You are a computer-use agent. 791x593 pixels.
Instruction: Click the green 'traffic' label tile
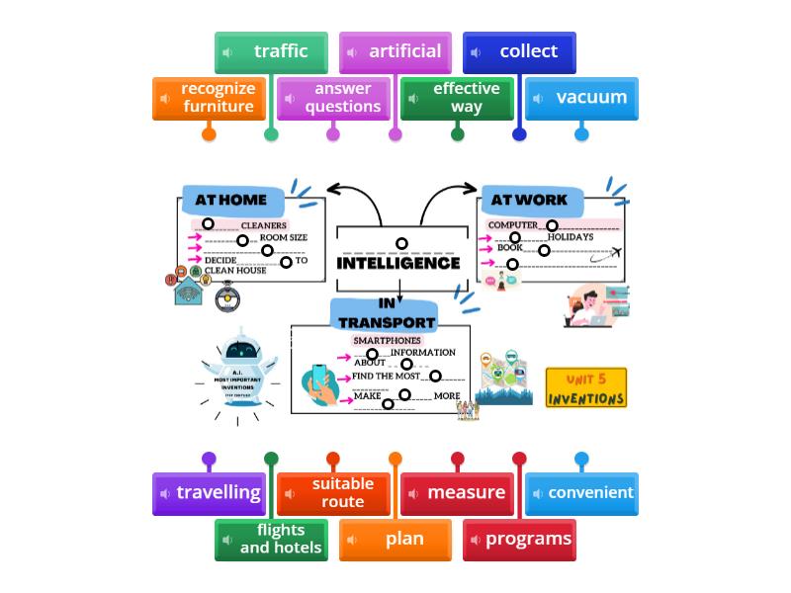271,52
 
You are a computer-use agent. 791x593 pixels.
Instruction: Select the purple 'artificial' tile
395,52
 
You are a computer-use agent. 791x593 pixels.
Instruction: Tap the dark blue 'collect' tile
519,52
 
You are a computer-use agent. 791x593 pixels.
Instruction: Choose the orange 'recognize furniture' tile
209,98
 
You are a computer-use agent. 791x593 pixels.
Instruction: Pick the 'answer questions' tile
333,98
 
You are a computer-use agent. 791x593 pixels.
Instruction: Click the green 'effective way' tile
457,98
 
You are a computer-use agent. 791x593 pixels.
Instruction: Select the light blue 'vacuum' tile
581,98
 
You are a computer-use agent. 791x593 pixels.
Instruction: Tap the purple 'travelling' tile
209,493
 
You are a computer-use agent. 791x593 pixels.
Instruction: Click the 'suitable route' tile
333,493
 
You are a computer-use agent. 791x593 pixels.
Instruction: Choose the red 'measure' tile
457,493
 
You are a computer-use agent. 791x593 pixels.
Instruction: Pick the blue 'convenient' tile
581,493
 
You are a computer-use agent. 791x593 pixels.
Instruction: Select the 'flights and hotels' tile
271,540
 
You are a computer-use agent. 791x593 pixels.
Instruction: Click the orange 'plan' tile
395,540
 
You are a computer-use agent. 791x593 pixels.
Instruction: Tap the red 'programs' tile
519,540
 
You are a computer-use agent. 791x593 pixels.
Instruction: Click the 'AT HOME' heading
231,200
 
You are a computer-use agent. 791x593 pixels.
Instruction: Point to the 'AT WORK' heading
529,200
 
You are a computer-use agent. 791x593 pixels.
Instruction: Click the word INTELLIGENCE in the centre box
398,264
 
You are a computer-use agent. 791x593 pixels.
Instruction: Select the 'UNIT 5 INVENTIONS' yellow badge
586,388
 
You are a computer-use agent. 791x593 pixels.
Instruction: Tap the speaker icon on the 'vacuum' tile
539,98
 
